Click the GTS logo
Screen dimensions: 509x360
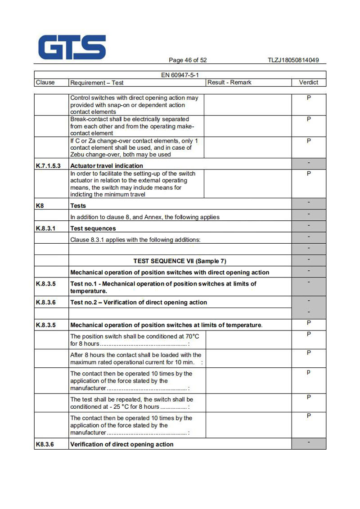tap(72, 48)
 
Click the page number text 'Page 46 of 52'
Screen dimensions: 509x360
tap(188, 60)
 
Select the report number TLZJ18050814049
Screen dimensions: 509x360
tap(293, 60)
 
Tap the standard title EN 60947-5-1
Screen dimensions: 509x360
tap(180, 75)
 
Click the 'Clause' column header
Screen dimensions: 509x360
tap(45, 82)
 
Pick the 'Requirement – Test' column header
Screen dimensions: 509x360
tap(97, 83)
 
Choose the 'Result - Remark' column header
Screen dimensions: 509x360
tap(229, 82)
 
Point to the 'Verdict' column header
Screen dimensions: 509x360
tap(308, 82)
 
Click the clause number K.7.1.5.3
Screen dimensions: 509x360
tap(48, 165)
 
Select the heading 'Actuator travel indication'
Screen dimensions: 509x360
tap(107, 165)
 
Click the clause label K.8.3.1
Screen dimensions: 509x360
tap(45, 228)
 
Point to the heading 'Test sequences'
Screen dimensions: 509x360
tap(93, 228)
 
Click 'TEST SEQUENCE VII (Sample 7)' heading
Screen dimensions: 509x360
tap(180, 261)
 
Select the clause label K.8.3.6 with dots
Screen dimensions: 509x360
tap(45, 302)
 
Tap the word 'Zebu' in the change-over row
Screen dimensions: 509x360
tap(79, 155)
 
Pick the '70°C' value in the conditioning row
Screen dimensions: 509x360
tap(193, 336)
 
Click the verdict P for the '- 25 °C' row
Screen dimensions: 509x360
tap(309, 397)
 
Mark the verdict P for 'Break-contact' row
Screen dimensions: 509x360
tap(309, 119)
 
